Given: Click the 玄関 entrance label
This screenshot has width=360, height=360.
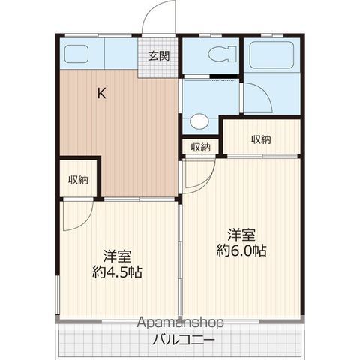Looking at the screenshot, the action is tap(159, 56).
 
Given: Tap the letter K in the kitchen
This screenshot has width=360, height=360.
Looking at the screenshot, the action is tap(101, 94).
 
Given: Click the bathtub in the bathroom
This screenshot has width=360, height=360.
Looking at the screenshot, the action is tap(271, 55).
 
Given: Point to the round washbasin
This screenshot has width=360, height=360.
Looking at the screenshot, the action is tap(199, 121).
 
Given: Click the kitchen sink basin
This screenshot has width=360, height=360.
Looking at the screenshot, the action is tap(76, 54).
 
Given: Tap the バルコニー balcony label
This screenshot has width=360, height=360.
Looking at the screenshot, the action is tap(184, 340).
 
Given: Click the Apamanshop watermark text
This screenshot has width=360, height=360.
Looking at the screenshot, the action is tap(180, 322).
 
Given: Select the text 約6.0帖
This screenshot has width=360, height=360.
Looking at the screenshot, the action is tap(241, 250).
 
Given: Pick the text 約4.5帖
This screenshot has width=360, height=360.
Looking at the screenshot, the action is tap(117, 272).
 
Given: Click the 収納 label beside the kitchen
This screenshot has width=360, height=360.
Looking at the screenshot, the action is tap(79, 180).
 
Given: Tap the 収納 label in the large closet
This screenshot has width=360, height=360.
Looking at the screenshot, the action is tap(261, 139).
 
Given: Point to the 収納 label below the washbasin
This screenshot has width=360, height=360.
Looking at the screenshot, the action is tap(201, 148).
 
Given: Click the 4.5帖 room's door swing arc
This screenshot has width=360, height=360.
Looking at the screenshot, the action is tap(86, 220).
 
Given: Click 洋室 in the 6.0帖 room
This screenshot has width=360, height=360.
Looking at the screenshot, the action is tap(241, 235).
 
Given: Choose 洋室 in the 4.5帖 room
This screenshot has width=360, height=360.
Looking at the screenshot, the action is tap(117, 256).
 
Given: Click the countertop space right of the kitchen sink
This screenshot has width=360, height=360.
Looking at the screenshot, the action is tap(121, 53).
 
